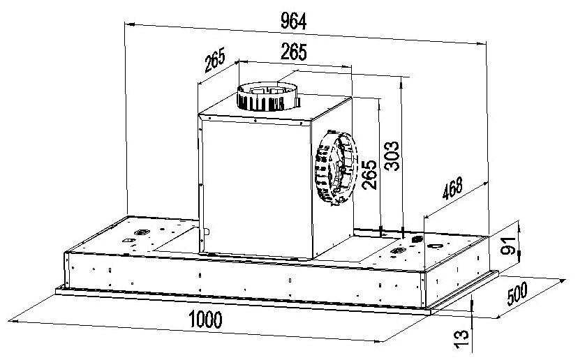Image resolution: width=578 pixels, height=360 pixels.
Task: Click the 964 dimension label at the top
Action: [x=293, y=22]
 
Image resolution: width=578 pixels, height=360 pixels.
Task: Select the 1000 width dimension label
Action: [x=205, y=320]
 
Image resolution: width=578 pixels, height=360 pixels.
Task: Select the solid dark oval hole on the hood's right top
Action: [x=417, y=239]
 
